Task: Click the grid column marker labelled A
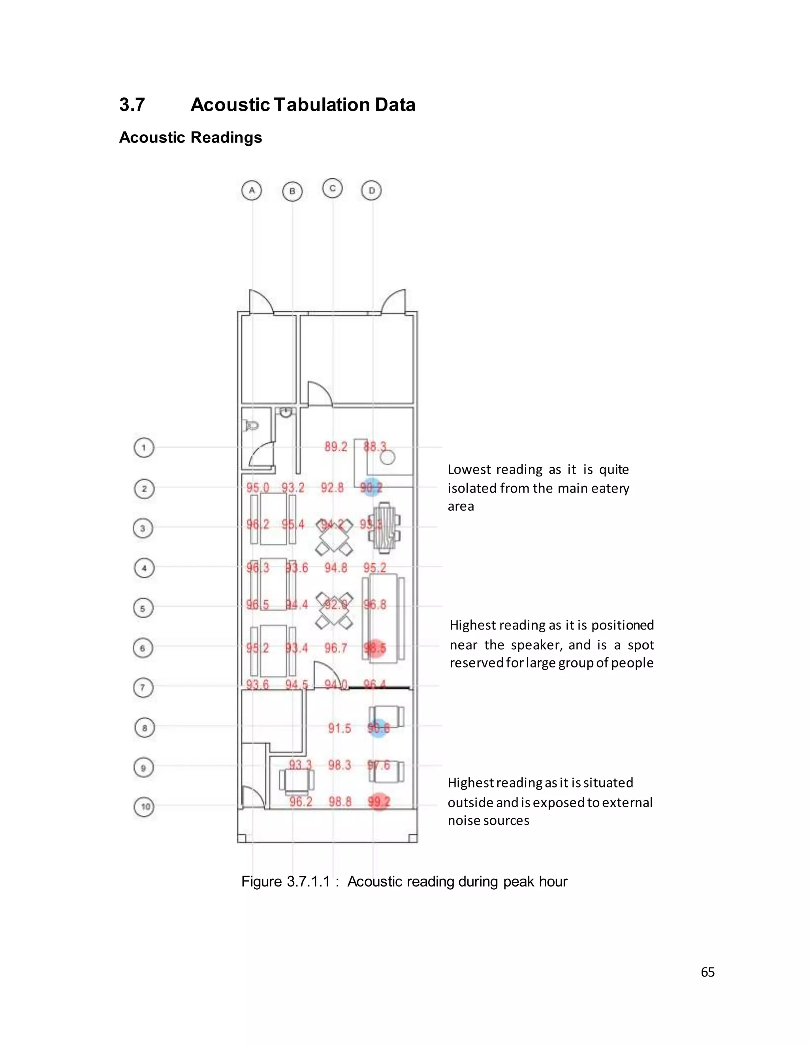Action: point(252,191)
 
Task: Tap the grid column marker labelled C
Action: point(333,188)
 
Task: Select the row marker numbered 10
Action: point(144,806)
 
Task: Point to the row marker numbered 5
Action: point(142,608)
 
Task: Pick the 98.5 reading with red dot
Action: point(375,648)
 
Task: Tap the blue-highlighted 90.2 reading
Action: point(371,487)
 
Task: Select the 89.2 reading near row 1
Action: point(335,447)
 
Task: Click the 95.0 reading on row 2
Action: point(258,487)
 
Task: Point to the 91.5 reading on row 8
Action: point(339,729)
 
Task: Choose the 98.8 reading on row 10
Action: point(340,801)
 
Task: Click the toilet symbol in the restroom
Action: point(251,425)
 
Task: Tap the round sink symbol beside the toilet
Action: point(286,412)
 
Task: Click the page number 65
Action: point(707,972)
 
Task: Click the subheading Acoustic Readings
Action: point(190,137)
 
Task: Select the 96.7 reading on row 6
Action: point(335,648)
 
